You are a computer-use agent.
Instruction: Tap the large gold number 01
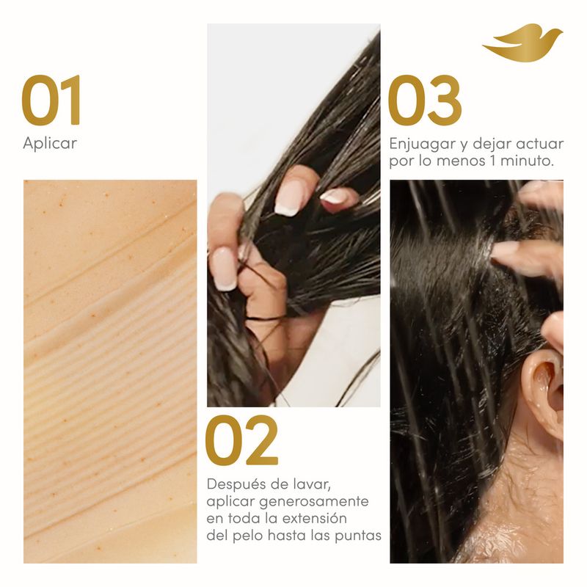point(51,100)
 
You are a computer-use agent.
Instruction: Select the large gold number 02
point(242,440)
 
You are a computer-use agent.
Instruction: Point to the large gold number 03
point(425,100)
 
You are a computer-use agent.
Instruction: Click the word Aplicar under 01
point(50,143)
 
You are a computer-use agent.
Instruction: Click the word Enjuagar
point(423,145)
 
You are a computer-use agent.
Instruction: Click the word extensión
point(315,519)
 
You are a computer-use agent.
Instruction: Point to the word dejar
point(492,145)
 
